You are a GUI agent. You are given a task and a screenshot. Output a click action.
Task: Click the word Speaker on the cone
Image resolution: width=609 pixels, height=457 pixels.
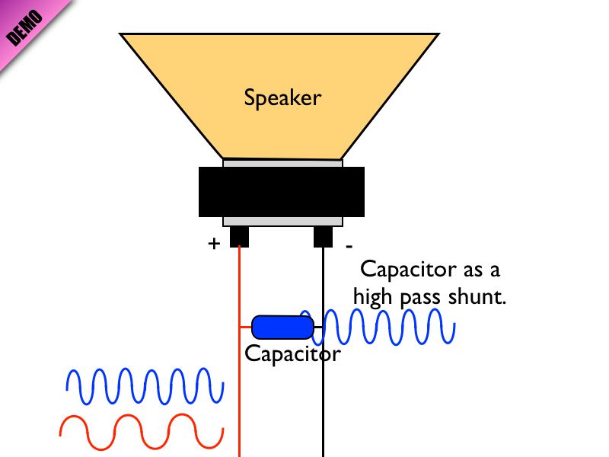point(282,98)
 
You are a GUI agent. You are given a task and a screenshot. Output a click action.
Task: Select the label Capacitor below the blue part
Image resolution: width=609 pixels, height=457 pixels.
point(292,354)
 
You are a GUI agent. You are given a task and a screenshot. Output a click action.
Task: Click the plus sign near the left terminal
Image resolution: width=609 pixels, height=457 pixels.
point(214,244)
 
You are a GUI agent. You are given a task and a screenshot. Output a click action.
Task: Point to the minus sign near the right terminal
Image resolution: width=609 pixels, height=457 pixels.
point(349,247)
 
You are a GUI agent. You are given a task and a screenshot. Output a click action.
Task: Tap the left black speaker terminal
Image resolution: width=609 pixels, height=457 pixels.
point(239,236)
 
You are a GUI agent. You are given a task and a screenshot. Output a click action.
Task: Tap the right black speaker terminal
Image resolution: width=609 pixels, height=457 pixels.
point(324,236)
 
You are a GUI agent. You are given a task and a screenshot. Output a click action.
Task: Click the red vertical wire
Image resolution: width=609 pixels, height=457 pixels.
point(239,396)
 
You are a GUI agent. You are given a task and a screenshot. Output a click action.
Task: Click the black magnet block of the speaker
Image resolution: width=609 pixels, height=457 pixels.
point(282,192)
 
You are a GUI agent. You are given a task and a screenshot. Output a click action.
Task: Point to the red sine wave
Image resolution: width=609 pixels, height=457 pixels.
point(141,431)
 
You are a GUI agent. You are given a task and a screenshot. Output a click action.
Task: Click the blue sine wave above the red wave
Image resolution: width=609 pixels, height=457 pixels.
point(145,386)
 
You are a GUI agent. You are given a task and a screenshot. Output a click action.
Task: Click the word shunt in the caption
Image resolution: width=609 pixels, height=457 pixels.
point(478,297)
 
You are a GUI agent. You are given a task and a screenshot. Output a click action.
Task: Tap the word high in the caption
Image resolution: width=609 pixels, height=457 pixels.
point(373,298)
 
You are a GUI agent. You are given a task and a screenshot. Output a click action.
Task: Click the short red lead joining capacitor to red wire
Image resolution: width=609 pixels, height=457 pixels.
point(246,327)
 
